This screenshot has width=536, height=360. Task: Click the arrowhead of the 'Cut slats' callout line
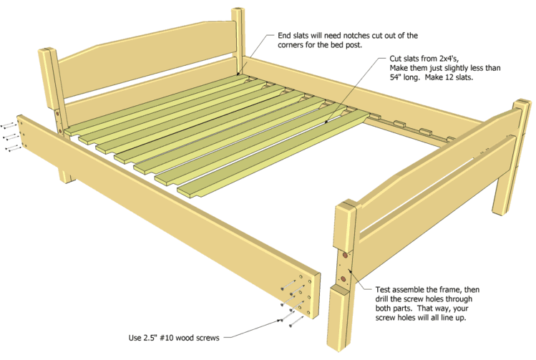[326, 122]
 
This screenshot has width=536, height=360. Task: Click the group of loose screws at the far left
[9, 136]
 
